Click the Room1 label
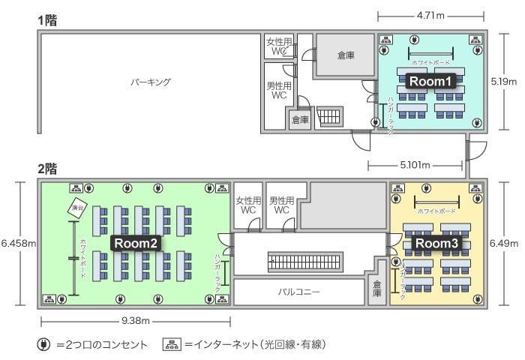pyautogui.click(x=430, y=82)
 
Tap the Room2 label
pyautogui.click(x=136, y=243)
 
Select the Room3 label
pyautogui.click(x=436, y=244)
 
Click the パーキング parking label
pyautogui.click(x=151, y=82)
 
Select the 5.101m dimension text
pyautogui.click(x=415, y=163)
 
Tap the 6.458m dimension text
pyautogui.click(x=18, y=243)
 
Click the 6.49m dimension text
pyautogui.click(x=505, y=243)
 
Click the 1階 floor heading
pyautogui.click(x=48, y=20)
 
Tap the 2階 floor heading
pyautogui.click(x=48, y=169)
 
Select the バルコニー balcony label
pyautogui.click(x=300, y=292)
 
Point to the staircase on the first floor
pyautogui.click(x=330, y=118)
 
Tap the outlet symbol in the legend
pyautogui.click(x=44, y=344)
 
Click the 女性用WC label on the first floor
pyautogui.click(x=278, y=46)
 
